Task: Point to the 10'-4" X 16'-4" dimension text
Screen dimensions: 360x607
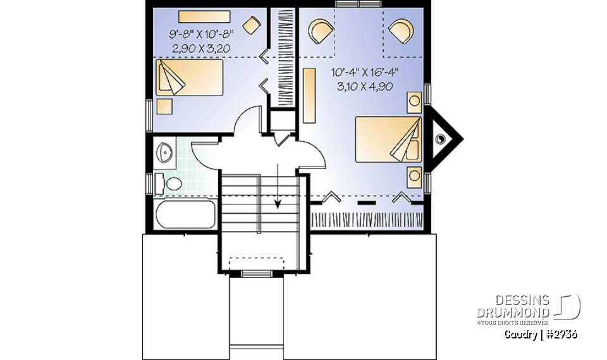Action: [x=365, y=73]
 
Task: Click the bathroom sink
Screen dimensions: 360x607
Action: [x=165, y=152]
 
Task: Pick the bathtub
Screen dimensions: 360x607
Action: [x=185, y=214]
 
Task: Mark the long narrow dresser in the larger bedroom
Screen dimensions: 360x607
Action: [x=309, y=96]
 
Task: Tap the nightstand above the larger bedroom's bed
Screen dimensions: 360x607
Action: [x=414, y=101]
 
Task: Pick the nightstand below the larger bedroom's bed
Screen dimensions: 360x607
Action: [x=414, y=175]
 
